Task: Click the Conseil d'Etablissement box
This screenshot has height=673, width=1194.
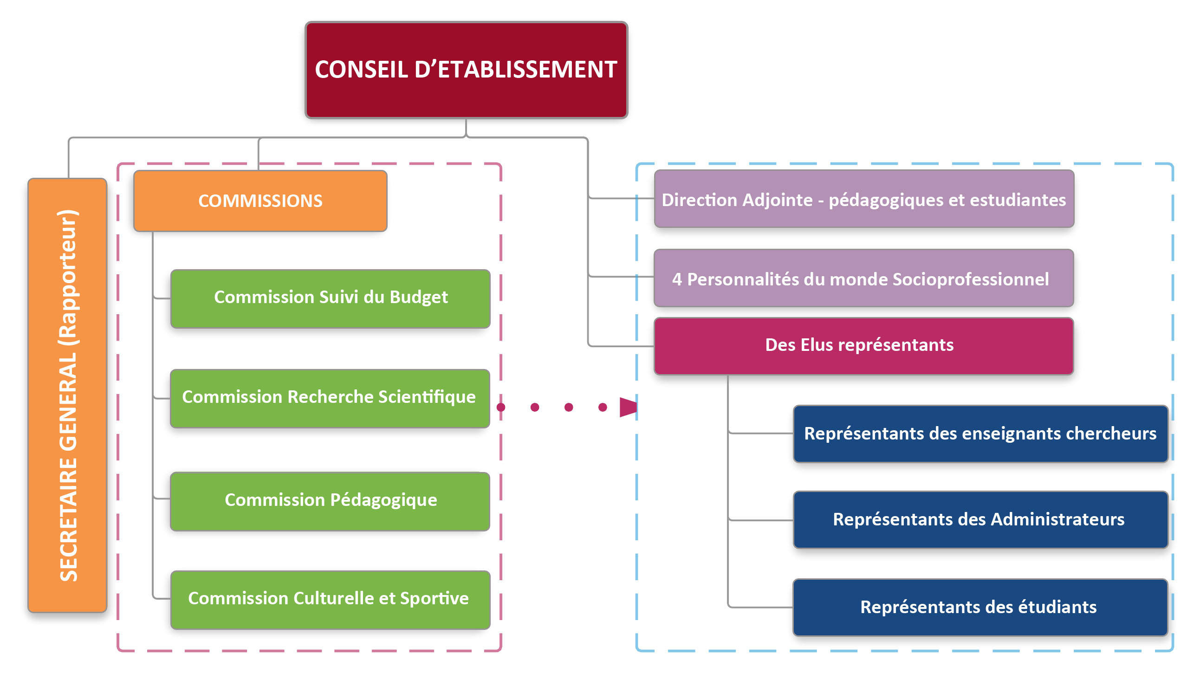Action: click(x=466, y=70)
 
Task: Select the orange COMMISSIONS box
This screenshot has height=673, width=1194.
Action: click(x=260, y=201)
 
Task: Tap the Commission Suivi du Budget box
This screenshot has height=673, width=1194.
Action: click(x=331, y=298)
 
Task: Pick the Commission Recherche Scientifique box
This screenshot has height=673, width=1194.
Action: click(x=330, y=398)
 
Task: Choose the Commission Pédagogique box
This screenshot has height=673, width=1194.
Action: click(x=331, y=501)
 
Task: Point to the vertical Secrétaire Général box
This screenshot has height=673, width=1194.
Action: click(x=68, y=395)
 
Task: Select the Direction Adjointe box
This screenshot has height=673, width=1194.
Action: click(x=863, y=200)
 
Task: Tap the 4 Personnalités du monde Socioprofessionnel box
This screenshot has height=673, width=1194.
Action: click(x=863, y=278)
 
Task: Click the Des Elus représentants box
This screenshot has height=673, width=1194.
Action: click(x=863, y=346)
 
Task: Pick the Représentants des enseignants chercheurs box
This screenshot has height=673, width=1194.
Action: click(x=980, y=434)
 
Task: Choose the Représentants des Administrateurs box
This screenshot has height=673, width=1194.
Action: click(x=980, y=520)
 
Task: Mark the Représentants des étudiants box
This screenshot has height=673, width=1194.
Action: click(x=980, y=607)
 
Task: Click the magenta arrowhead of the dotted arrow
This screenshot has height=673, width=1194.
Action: click(x=628, y=407)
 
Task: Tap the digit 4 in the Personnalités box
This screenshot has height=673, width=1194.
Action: click(x=677, y=279)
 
